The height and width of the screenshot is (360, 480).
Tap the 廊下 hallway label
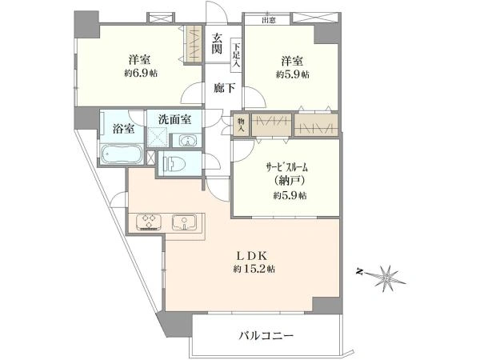coord(222,90)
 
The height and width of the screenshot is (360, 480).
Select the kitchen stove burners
coord(150,221)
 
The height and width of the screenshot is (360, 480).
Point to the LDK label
coord(254,257)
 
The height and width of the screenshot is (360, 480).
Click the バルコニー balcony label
coord(266,336)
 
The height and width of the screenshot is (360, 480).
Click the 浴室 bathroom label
coord(122,129)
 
